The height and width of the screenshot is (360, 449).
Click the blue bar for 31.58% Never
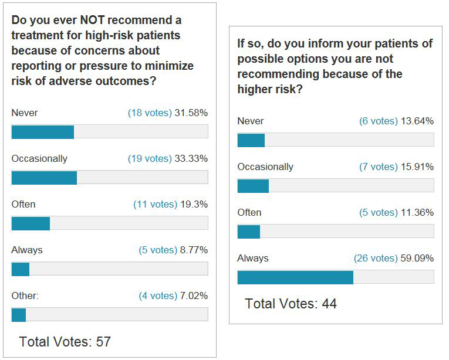pyautogui.click(x=43, y=132)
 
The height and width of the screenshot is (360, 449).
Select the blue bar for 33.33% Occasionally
pyautogui.click(x=44, y=178)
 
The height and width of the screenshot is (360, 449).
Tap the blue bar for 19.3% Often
pyautogui.click(x=31, y=223)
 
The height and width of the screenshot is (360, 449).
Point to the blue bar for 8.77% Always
pyautogui.click(x=21, y=269)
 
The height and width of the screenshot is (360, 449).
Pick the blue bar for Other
pyautogui.click(x=19, y=315)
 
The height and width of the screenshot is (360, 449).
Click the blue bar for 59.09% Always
pyautogui.click(x=295, y=277)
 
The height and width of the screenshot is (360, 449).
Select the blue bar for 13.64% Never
pyautogui.click(x=251, y=140)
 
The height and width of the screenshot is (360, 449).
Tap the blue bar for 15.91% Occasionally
pyautogui.click(x=253, y=186)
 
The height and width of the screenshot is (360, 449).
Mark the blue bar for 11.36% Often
pyautogui.click(x=249, y=232)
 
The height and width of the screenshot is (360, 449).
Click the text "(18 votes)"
pyautogui.click(x=150, y=113)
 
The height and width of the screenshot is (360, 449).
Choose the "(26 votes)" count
pyautogui.click(x=376, y=258)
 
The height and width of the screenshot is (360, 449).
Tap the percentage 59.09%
pyautogui.click(x=417, y=258)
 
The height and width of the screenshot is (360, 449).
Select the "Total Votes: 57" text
pyautogui.click(x=65, y=341)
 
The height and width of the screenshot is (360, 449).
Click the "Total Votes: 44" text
pyautogui.click(x=291, y=304)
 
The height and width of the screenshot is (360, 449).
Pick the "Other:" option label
pyautogui.click(x=25, y=296)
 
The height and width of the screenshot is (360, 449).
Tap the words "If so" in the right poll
pyautogui.click(x=247, y=44)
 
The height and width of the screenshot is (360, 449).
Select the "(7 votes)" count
pyautogui.click(x=378, y=167)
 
